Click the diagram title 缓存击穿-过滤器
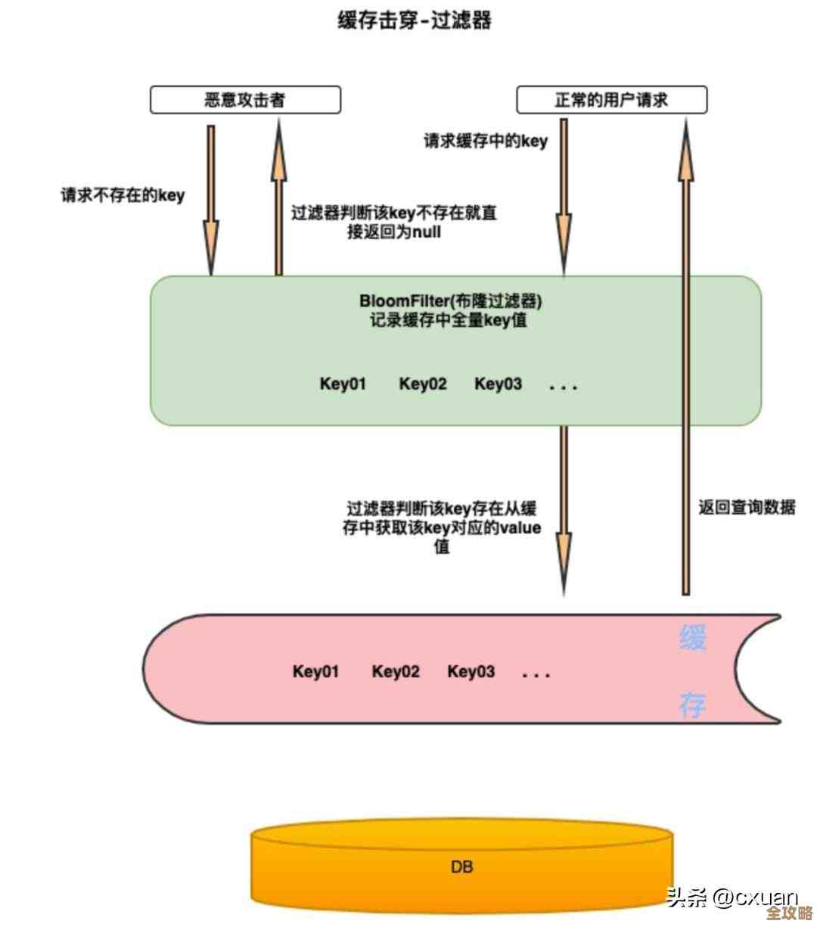coord(415,20)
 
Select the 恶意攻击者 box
coord(245,100)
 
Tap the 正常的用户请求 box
coord(611,100)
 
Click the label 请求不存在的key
coord(123,195)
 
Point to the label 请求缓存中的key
coord(485,141)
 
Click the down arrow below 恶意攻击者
coord(211,200)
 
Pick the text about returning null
coord(394,222)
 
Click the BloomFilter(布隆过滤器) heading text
coord(450,301)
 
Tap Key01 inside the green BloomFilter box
coord(343,384)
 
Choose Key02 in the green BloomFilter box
coord(423,384)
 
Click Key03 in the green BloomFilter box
coord(498,384)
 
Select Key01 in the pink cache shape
coord(315,671)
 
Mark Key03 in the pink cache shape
coord(471,671)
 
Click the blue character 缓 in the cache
coord(692,638)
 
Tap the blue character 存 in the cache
coord(692,705)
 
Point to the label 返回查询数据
coord(747,507)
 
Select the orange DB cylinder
coord(461,867)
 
